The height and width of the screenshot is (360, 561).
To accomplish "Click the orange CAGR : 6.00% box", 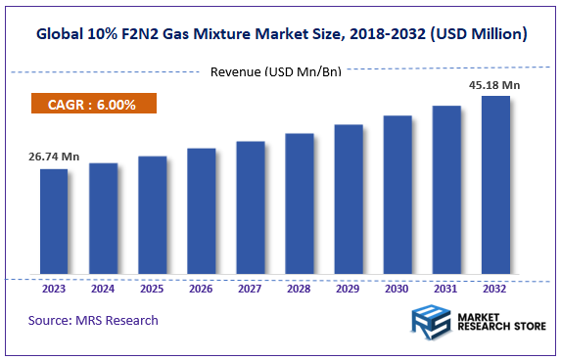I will pos(94,103).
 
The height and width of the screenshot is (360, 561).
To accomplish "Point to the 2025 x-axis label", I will pos(152,289).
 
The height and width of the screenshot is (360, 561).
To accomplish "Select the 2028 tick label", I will pos(299,289).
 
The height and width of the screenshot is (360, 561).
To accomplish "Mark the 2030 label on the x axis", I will pos(397,289).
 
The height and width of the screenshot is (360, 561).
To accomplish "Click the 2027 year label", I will pos(250,289).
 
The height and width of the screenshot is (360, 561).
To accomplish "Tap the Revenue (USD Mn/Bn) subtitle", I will pos(275,70).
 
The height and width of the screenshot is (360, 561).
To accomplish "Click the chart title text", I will pos(280,33).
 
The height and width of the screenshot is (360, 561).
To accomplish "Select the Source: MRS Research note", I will pos(93,320).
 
